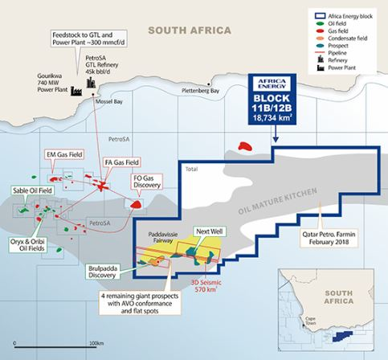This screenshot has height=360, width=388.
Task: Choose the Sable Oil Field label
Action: [32, 191]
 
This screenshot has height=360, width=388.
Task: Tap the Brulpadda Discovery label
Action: [107, 273]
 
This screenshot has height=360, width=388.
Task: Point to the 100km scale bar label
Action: [95, 342]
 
